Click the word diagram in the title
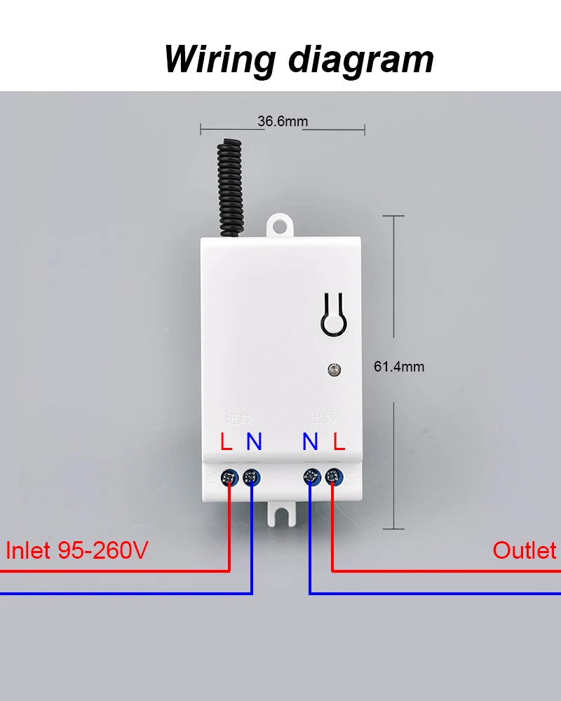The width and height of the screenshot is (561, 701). point(362,60)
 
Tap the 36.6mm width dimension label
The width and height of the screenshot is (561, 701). point(283,121)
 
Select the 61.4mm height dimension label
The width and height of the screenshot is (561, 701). point(398,367)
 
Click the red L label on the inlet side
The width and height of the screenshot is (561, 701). point(226,442)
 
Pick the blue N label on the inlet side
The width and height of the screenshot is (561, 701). point(254,442)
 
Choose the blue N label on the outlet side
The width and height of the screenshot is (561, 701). point(310,442)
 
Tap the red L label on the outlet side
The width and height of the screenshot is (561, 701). point(339,442)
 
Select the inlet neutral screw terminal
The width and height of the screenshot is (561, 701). point(251,479)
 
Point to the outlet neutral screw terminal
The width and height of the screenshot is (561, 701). point(310,479)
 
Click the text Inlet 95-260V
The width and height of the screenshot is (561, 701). point(77,550)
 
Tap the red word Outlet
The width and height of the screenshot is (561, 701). point(524,550)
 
